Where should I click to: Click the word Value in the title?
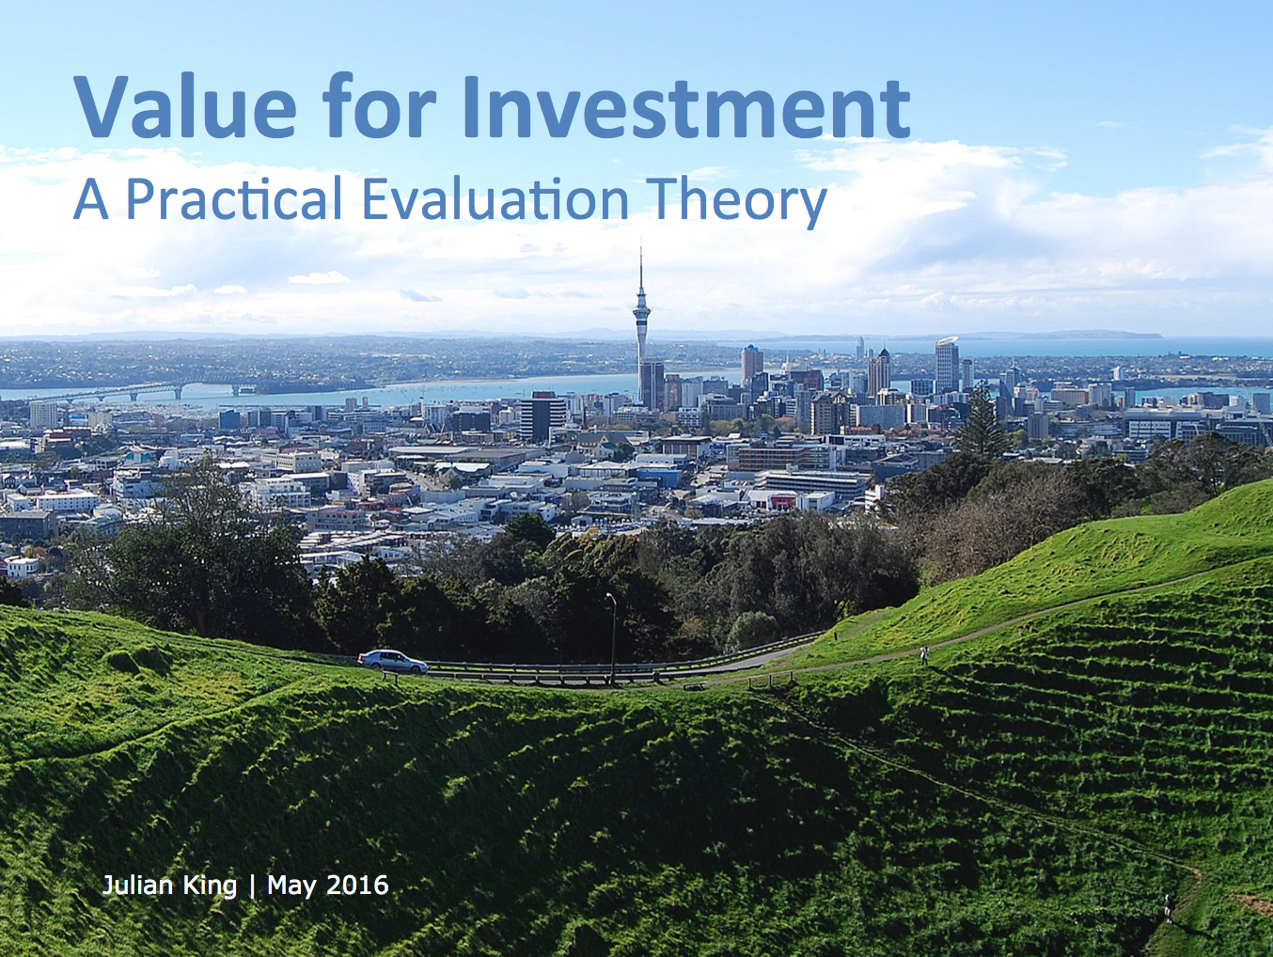coord(185,106)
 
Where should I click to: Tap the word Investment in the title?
coord(686,106)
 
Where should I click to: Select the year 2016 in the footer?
coord(358,886)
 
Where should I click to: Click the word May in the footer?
coord(291,886)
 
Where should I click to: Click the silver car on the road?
coord(392,661)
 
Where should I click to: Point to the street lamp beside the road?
coord(612,638)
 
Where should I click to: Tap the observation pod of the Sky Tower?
coord(641,314)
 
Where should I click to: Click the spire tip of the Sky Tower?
coord(641,239)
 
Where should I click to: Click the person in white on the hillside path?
coord(924,655)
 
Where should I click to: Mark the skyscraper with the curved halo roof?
coord(947,364)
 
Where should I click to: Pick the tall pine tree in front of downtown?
coord(982,422)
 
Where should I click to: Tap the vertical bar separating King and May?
coord(252,886)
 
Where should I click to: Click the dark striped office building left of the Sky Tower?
coord(542,416)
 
